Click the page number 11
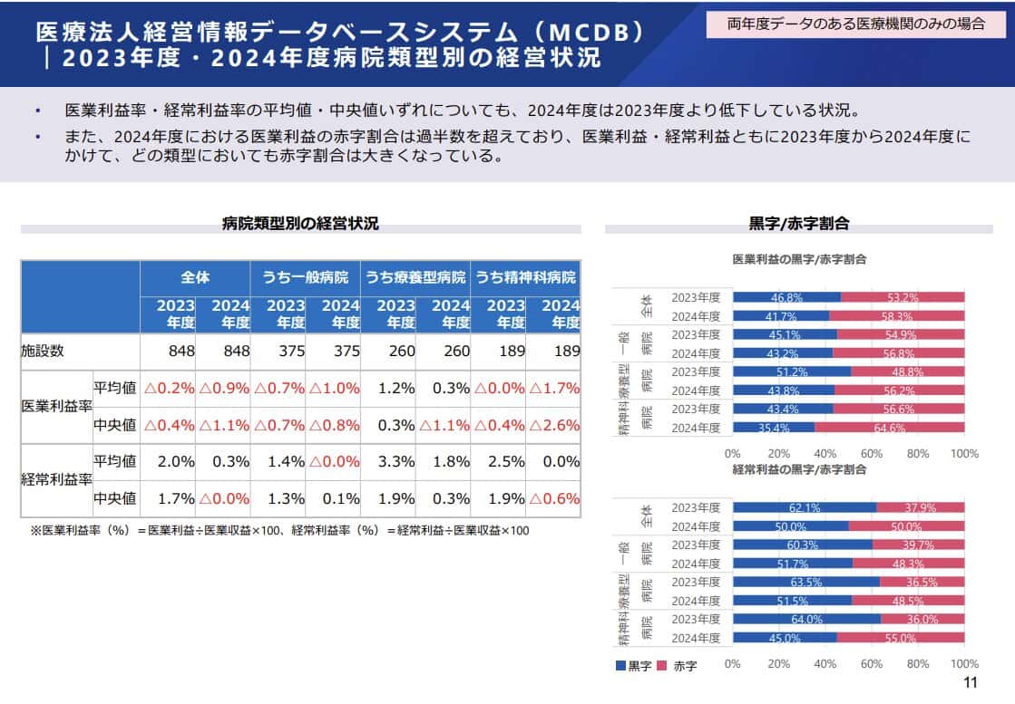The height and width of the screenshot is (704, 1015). [x=969, y=683]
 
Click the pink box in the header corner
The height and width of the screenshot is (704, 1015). [x=855, y=24]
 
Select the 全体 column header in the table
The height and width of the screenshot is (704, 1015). [x=195, y=277]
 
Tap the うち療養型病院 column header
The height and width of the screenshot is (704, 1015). [x=415, y=277]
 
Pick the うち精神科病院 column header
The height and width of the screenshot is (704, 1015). [x=526, y=277]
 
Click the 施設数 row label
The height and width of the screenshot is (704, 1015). [x=44, y=351]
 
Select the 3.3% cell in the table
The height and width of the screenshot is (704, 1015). [x=395, y=461]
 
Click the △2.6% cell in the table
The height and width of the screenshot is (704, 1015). [x=554, y=425]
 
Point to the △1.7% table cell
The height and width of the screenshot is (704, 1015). [x=554, y=388]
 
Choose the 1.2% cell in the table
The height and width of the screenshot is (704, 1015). [x=395, y=388]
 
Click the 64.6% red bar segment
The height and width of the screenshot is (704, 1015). [x=890, y=428]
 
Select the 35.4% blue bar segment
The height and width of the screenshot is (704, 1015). [x=773, y=428]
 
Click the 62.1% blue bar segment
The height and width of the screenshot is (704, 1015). [x=804, y=508]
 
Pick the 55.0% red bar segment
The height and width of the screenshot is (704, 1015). [x=901, y=638]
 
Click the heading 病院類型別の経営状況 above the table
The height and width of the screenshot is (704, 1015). [x=300, y=223]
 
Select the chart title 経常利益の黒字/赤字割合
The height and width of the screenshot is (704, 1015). [x=799, y=469]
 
